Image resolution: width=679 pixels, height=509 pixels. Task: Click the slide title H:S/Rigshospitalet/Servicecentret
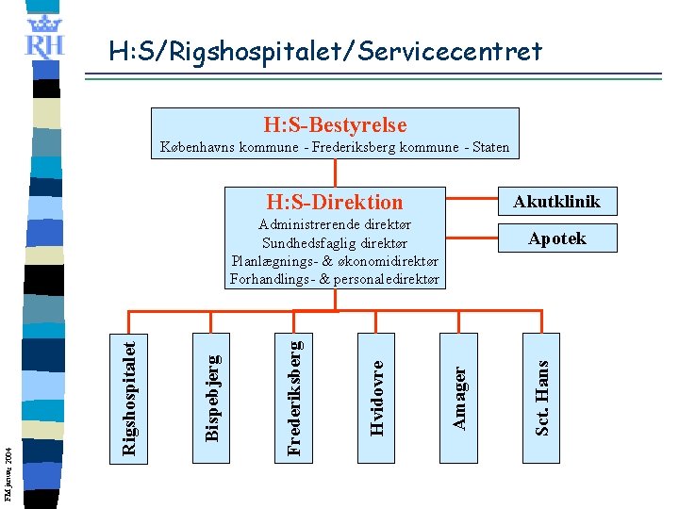[325, 51]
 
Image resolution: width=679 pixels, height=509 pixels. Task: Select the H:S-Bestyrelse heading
[335, 124]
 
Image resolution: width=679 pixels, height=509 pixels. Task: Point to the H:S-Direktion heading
[335, 202]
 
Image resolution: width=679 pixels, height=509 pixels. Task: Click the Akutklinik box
[556, 201]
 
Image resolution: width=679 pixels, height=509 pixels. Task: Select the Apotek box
[556, 238]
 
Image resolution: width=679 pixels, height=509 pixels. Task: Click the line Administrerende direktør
[336, 225]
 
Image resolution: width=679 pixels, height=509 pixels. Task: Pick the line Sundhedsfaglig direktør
[336, 243]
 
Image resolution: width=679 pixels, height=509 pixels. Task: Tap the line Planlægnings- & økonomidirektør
[336, 261]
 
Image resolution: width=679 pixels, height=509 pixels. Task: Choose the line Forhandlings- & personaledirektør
[336, 279]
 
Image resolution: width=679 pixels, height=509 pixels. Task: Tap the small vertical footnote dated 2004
[8, 462]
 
